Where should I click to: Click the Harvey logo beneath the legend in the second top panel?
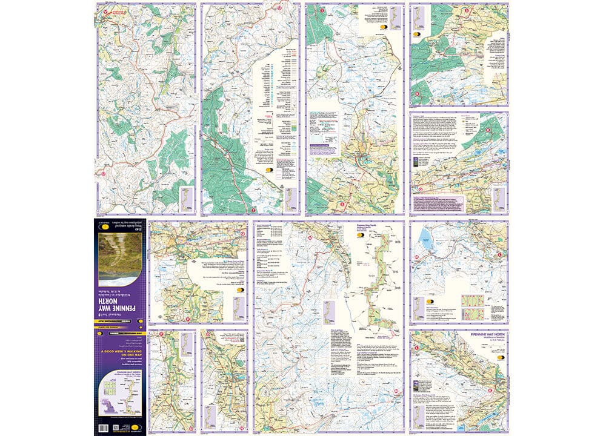click(268, 171)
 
